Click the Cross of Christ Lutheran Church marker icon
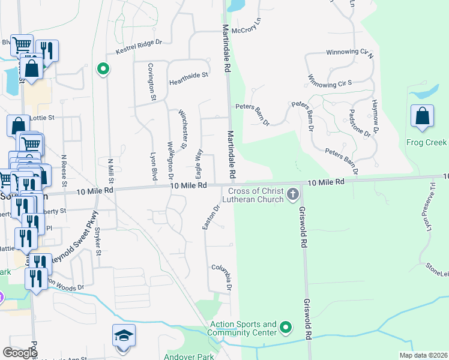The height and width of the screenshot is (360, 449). [x=293, y=194]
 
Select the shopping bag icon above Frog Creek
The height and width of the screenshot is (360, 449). [x=423, y=116]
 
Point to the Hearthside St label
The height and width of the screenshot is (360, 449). [x=188, y=76]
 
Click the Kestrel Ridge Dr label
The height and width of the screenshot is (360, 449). [x=139, y=47]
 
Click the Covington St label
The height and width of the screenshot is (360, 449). [x=152, y=84]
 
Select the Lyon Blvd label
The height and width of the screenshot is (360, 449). [x=154, y=166]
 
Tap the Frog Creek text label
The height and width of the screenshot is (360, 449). [x=426, y=143]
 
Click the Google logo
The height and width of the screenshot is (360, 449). [x=20, y=352]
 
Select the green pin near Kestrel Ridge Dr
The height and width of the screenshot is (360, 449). [x=103, y=69]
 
